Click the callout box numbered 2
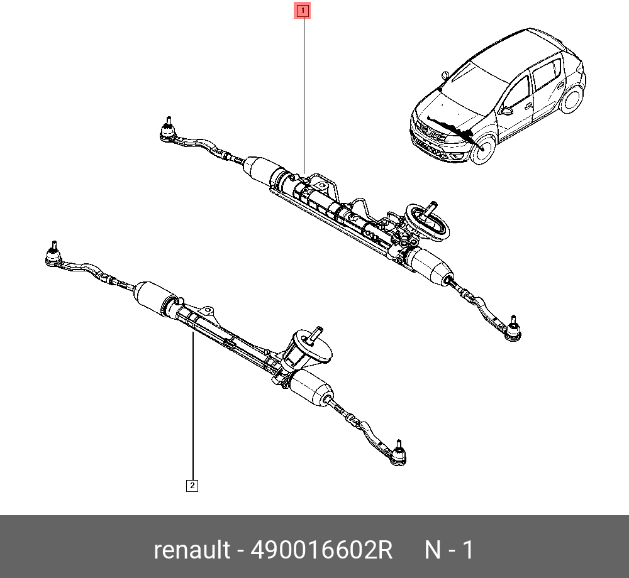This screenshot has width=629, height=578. coord(192,485)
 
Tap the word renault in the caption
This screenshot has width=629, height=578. coord(192,550)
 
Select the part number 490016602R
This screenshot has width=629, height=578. coord(321,550)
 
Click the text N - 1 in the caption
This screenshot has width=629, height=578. coord(449,550)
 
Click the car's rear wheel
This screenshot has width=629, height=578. coord(572,98)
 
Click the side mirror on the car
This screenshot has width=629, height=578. coord(505,111)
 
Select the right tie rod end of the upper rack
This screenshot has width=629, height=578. coord(513,329)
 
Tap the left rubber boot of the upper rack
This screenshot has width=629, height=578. coord(261,169)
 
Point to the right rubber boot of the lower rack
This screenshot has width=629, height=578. coord(311,384)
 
